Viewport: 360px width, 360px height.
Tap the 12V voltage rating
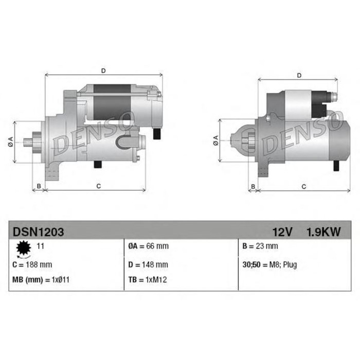click(x=282, y=232)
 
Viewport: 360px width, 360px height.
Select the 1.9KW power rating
click(x=323, y=232)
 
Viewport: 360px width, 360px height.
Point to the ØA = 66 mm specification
click(x=148, y=246)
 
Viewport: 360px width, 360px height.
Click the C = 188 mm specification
click(x=32, y=265)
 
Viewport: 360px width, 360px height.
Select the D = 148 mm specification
click(x=148, y=265)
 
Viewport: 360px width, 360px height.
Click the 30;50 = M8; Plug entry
click(x=269, y=265)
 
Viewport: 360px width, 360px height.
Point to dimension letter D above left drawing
click(x=103, y=70)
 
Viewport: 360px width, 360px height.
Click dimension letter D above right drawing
click(x=299, y=76)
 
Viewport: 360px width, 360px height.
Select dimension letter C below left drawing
click(x=98, y=186)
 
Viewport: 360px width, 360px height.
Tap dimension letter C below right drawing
click(x=303, y=186)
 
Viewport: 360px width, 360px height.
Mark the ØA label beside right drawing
click(x=216, y=141)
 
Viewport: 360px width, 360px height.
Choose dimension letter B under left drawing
click(x=39, y=186)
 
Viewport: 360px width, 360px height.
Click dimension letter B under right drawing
click(x=253, y=186)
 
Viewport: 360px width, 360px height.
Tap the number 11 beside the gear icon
click(x=40, y=246)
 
